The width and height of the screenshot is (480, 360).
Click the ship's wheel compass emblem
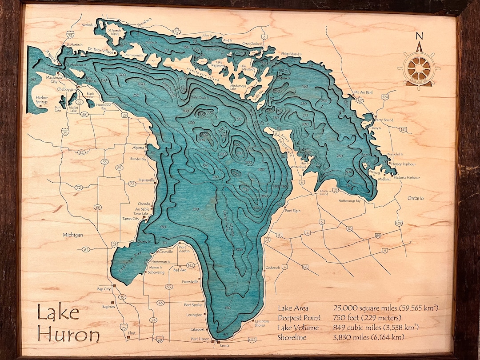click(419, 68)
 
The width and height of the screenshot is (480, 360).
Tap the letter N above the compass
click(419, 36)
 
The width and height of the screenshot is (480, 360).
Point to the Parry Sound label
click(384, 120)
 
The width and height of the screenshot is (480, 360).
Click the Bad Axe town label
click(180, 270)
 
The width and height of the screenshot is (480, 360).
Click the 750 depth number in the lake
click(240, 153)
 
